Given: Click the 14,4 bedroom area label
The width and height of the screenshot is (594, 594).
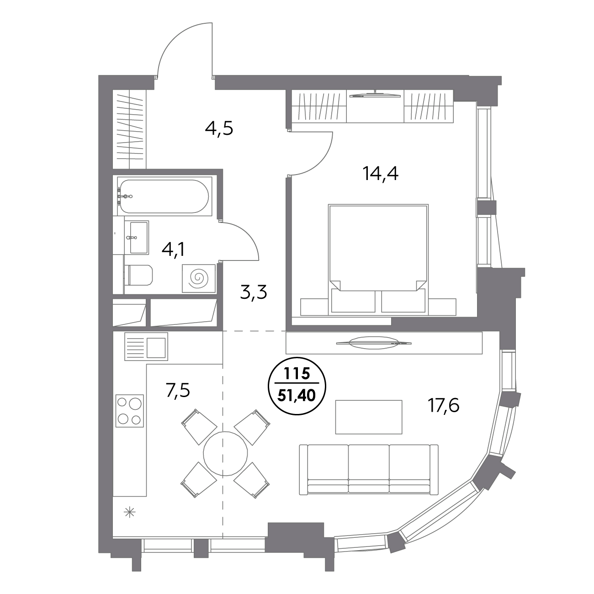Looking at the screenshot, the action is coord(380,174).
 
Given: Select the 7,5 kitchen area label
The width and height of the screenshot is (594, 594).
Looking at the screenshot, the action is coord(178,391).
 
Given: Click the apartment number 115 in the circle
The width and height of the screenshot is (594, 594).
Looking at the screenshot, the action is coord(297,374).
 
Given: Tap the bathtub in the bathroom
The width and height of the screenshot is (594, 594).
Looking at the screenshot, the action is coord(164,196).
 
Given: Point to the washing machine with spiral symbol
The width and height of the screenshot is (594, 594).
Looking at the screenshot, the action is coord(198,278).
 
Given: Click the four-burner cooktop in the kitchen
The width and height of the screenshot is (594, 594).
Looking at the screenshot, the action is coord(130,411).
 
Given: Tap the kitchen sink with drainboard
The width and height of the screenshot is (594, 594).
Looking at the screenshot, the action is coord(146,346).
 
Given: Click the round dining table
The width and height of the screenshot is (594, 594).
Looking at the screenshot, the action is coord(225,453).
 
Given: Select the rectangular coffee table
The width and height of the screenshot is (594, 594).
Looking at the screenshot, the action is coord(369,417).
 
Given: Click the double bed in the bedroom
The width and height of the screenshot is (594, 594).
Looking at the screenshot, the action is coord(378,260).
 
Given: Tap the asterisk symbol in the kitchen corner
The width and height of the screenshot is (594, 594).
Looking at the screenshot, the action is coord(130,513).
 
